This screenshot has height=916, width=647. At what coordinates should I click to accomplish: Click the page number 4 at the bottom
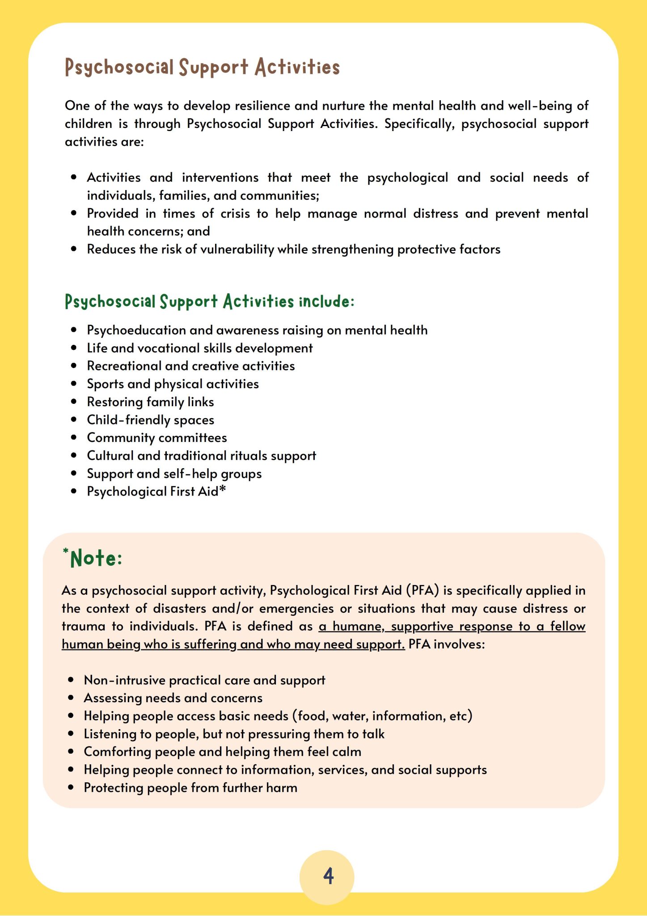click(x=328, y=876)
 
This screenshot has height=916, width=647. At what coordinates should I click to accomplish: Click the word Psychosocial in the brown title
click(x=119, y=68)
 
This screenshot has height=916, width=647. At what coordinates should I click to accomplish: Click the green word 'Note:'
click(x=96, y=559)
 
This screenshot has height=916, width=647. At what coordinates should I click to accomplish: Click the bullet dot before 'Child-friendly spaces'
click(x=74, y=420)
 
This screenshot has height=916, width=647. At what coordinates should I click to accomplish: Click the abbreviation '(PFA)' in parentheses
click(x=423, y=591)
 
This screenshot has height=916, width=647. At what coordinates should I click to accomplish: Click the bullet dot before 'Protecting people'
click(x=71, y=788)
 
